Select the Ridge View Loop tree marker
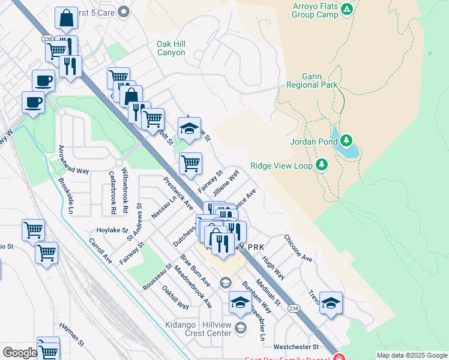tap(322, 164)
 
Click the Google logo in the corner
tap(20, 353)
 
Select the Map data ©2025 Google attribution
tap(411, 355)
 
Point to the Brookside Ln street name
tap(65, 195)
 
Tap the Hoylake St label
tap(113, 230)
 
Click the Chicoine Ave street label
tap(298, 248)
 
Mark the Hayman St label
tap(71, 334)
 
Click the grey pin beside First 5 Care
tap(124, 11)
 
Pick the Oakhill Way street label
tap(175, 297)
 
